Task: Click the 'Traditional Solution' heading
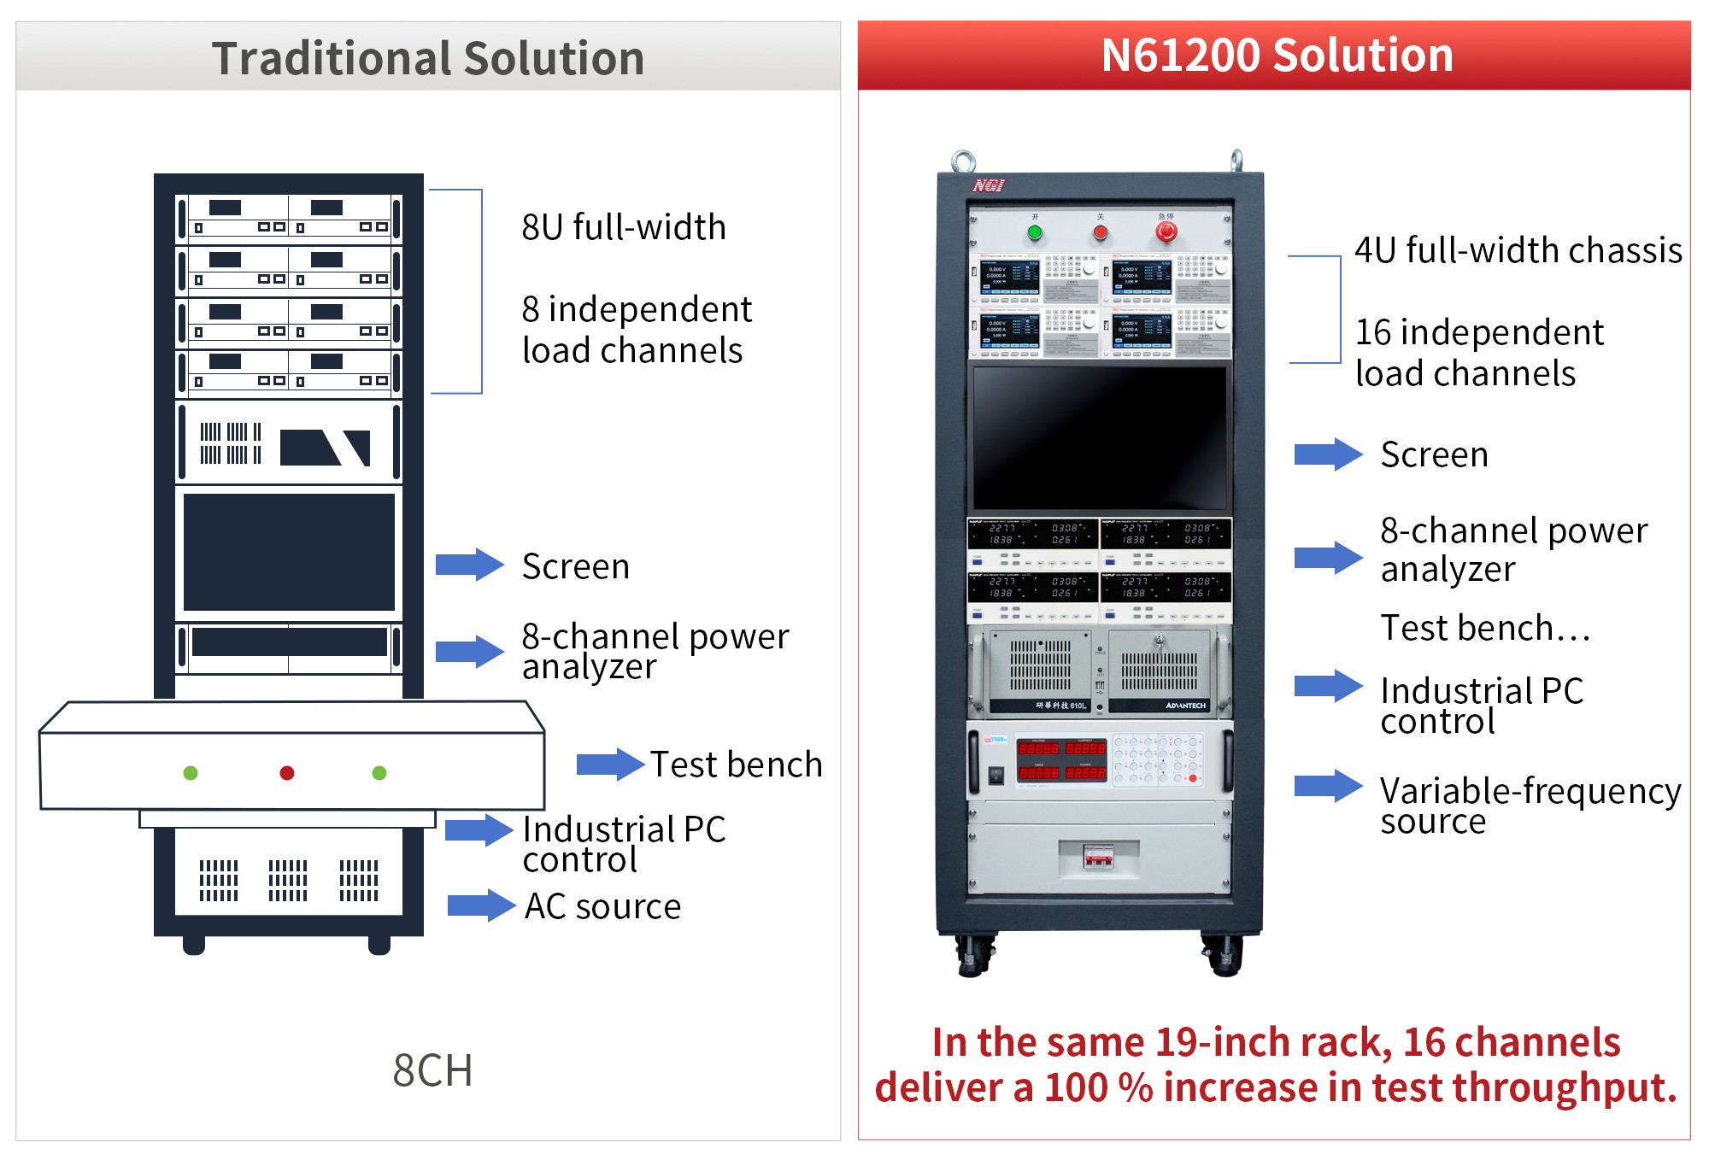coord(427,58)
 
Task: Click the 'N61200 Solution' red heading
coord(1277,56)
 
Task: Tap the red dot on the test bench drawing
coord(287,773)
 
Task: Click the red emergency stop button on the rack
coord(1166,231)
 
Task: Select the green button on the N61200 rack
coord(1035,232)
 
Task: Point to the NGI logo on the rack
coord(989,185)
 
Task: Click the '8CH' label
coord(432,1070)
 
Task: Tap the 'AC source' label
coord(602,906)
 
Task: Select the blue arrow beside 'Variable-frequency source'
coord(1328,787)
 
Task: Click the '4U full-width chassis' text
coord(1518,250)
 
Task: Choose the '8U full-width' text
coord(624,227)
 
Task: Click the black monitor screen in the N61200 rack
coord(1100,438)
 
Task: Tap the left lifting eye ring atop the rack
coord(964,161)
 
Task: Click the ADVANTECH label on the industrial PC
coord(1185,706)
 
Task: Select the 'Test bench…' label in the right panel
coord(1485,628)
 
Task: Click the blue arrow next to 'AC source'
coord(481,905)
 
